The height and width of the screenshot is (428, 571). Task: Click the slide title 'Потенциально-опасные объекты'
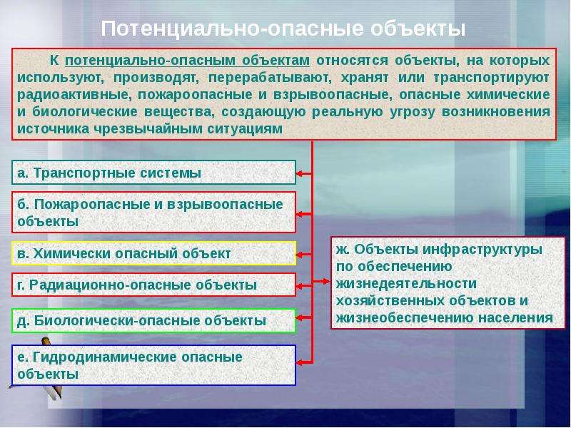pyautogui.click(x=283, y=29)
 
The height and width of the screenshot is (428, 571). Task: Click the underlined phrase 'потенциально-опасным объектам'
pyautogui.click(x=188, y=61)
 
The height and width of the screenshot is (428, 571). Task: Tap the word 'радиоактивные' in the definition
pyautogui.click(x=73, y=95)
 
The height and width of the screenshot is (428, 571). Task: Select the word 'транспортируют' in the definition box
pyautogui.click(x=492, y=78)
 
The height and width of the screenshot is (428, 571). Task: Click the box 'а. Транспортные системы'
pyautogui.click(x=153, y=173)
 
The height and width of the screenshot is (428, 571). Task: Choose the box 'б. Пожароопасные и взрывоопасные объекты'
pyautogui.click(x=153, y=213)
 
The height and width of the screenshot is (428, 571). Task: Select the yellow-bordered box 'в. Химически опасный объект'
pyautogui.click(x=153, y=253)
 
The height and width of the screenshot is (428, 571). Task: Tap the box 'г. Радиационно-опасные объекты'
pyautogui.click(x=153, y=285)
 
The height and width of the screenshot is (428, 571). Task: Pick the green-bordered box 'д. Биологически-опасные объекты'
pyautogui.click(x=153, y=320)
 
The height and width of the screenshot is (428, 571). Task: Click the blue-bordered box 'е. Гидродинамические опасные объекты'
pyautogui.click(x=153, y=365)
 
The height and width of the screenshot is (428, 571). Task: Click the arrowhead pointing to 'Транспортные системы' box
pyautogui.click(x=299, y=173)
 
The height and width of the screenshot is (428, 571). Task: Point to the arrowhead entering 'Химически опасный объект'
pyautogui.click(x=299, y=255)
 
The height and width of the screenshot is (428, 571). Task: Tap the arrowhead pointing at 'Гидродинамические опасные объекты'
pyautogui.click(x=299, y=362)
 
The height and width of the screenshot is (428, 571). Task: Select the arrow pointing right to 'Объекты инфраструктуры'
pyautogui.click(x=322, y=281)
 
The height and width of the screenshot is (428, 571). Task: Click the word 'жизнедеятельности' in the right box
pyautogui.click(x=406, y=283)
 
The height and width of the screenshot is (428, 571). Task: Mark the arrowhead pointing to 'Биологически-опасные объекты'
pyautogui.click(x=299, y=317)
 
